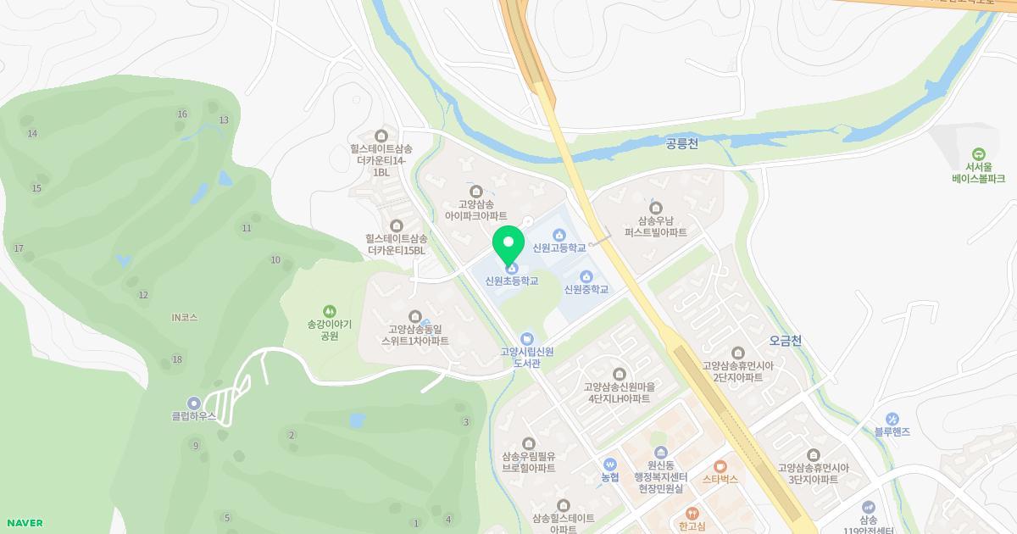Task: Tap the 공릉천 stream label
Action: [x=682, y=145]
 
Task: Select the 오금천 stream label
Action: [x=785, y=341]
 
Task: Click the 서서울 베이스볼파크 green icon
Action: [x=978, y=154]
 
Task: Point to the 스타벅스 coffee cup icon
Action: [x=720, y=465]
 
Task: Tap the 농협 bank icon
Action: [x=610, y=464]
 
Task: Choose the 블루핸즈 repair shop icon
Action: [x=892, y=419]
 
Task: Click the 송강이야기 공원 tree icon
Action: [x=329, y=310]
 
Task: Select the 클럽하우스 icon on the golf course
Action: [x=194, y=403]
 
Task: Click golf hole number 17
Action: [x=19, y=248]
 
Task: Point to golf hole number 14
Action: [x=32, y=134]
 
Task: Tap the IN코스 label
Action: [x=184, y=318]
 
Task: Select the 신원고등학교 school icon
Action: [x=559, y=235]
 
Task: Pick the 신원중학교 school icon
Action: [x=586, y=276]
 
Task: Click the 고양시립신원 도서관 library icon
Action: [x=527, y=338]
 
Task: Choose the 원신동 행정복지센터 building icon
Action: [x=660, y=452]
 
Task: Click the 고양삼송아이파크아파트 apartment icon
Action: [x=475, y=192]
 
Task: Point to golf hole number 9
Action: [x=196, y=446]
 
